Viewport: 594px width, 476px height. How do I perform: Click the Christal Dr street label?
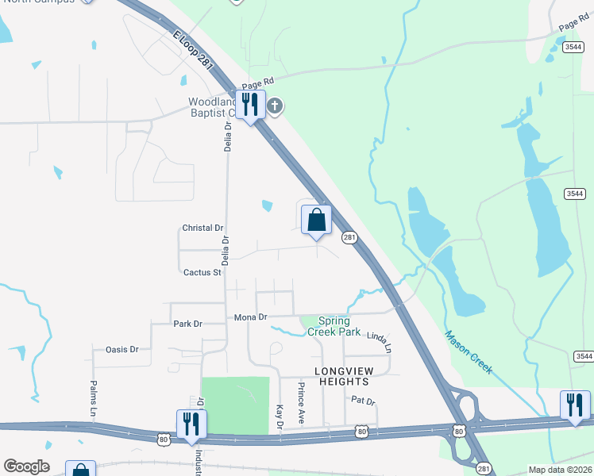click(202, 228)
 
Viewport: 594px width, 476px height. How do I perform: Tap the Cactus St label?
click(202, 272)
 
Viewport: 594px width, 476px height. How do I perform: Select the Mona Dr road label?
click(250, 317)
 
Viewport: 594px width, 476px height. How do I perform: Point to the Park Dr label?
click(187, 324)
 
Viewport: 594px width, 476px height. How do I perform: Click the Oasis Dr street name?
click(121, 349)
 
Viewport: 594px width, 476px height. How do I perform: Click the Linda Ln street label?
click(379, 342)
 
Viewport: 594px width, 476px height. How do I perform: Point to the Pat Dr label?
click(362, 401)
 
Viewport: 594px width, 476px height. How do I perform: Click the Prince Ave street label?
click(301, 403)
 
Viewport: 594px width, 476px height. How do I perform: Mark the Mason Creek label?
click(469, 352)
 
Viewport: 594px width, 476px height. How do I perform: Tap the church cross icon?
click(275, 106)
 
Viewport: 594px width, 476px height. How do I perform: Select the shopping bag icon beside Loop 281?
click(316, 220)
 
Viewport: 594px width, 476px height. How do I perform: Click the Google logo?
click(26, 466)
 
